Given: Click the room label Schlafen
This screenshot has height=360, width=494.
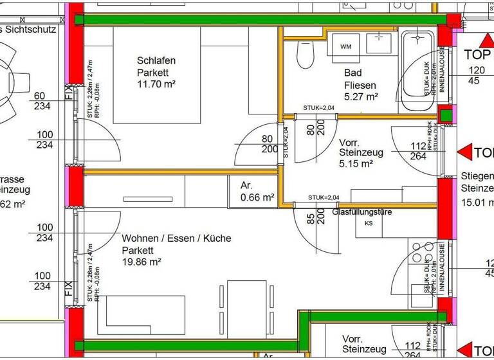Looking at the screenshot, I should pyautogui.click(x=156, y=61).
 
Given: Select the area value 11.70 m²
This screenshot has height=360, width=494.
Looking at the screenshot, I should pyautogui.click(x=156, y=84).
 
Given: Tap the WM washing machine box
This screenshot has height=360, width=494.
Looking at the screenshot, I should pyautogui.click(x=345, y=46).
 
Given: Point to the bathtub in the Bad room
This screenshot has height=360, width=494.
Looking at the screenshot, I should pyautogui.click(x=418, y=71).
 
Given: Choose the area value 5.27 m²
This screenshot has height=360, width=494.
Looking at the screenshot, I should pyautogui.click(x=360, y=96).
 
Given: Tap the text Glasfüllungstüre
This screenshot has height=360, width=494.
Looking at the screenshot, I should pyautogui.click(x=362, y=212).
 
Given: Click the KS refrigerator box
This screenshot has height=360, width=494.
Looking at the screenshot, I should pyautogui.click(x=369, y=224).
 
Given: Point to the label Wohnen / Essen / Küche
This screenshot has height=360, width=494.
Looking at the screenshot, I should pyautogui.click(x=176, y=239).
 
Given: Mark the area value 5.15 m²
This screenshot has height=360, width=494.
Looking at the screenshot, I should pyautogui.click(x=356, y=164).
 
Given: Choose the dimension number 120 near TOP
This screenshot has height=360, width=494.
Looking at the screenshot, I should pyautogui.click(x=477, y=70).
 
